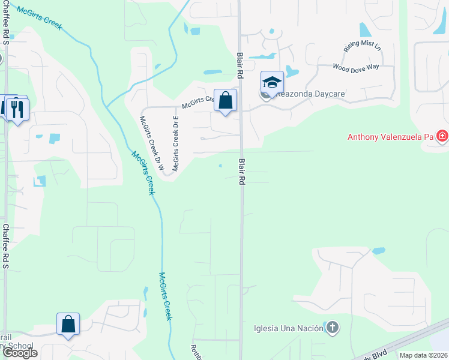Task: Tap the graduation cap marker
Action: [x=272, y=83]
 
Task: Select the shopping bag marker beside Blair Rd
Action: [x=226, y=100]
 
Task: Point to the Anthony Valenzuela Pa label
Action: [x=390, y=137]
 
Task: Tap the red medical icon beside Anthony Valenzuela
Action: [x=442, y=137]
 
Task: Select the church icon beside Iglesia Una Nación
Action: [x=333, y=328]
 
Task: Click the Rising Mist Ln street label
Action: [x=358, y=46]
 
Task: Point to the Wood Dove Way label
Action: [x=355, y=67]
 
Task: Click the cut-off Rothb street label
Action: [x=196, y=352]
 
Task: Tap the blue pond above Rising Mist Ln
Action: [x=364, y=29]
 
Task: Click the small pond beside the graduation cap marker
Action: [x=292, y=71]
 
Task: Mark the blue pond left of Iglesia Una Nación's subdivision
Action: [x=146, y=293]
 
